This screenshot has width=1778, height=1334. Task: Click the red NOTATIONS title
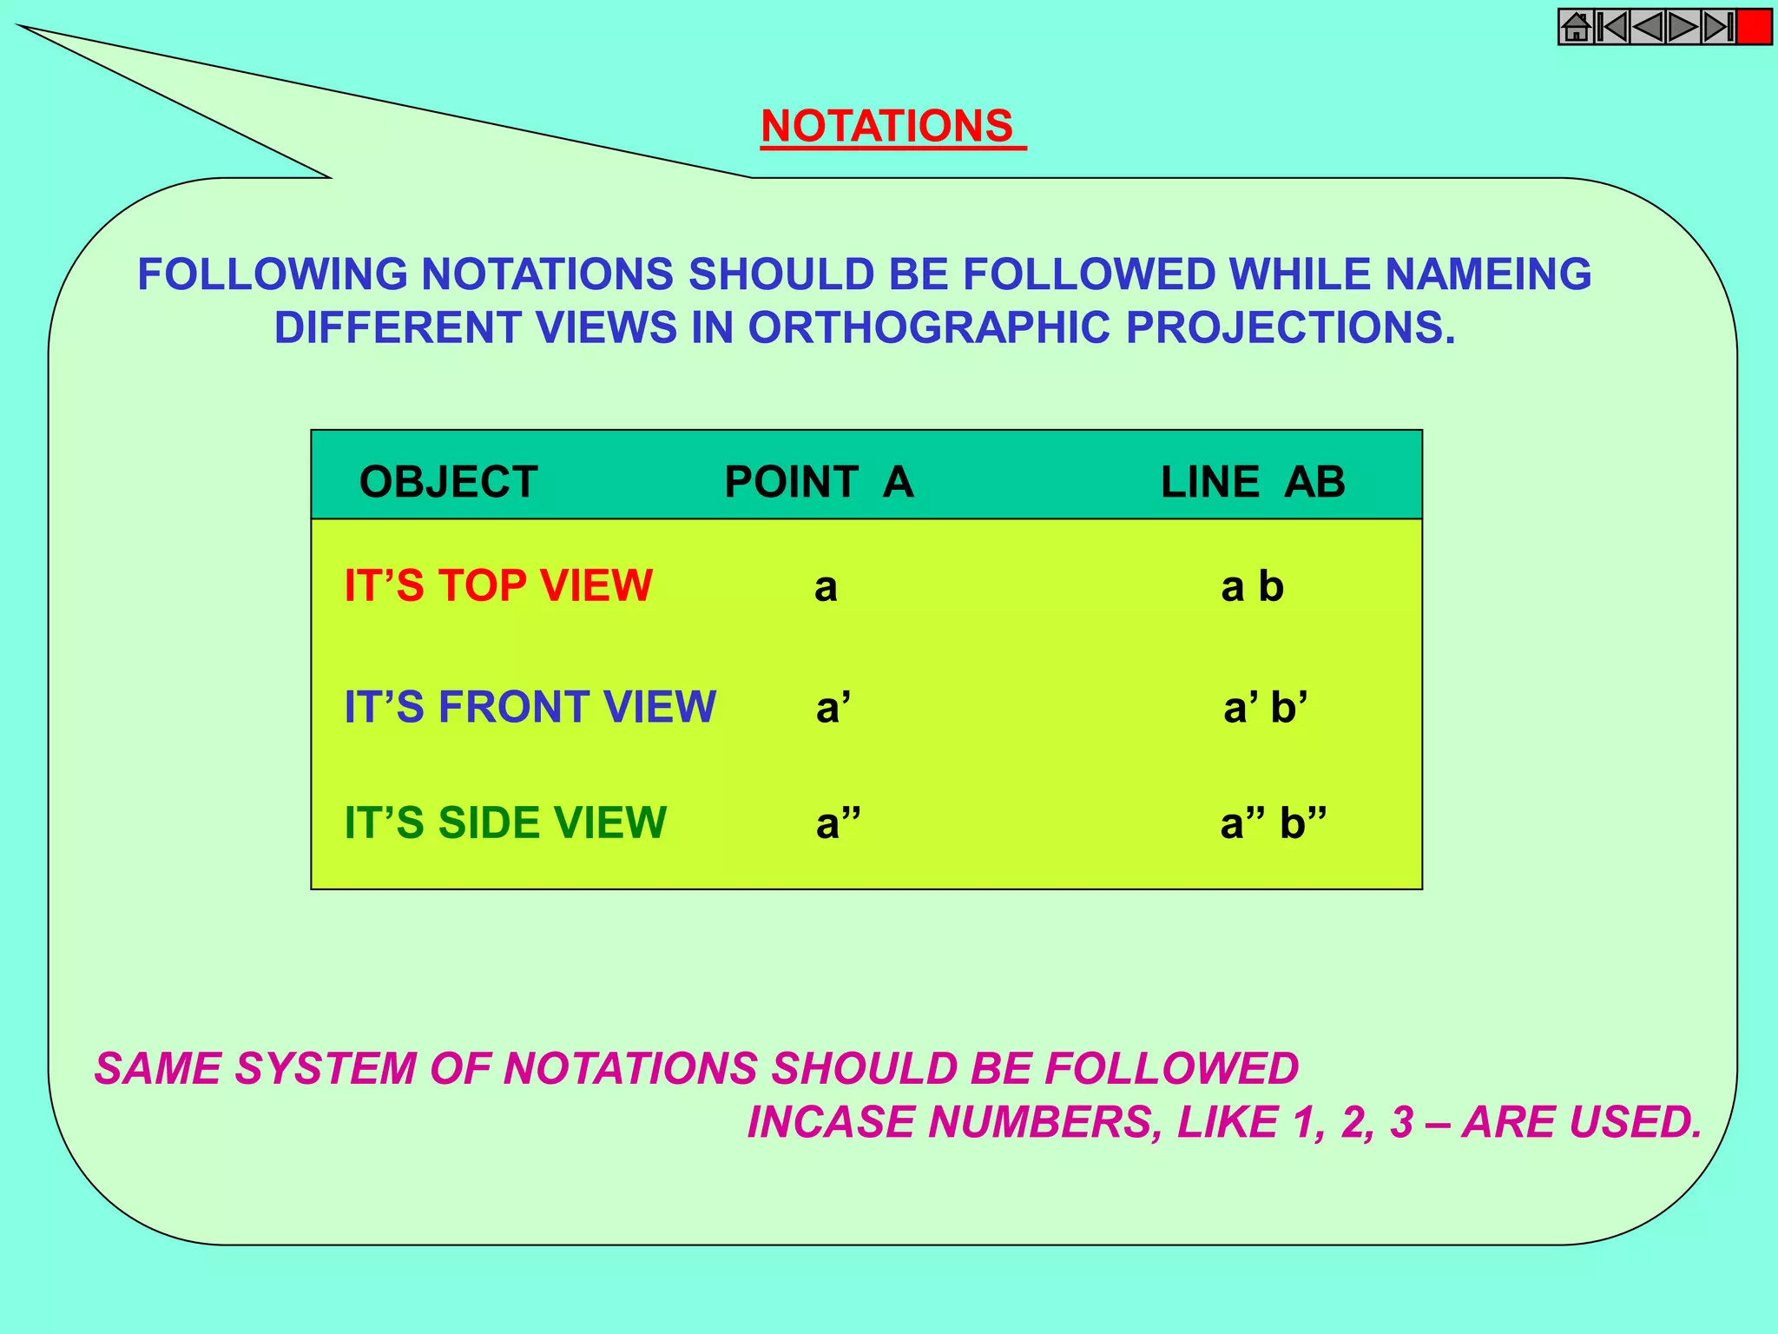[x=887, y=127]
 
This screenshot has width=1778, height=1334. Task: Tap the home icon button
[x=1575, y=27]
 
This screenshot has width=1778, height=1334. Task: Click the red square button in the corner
[x=1754, y=27]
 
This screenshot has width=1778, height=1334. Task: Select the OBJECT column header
[x=448, y=482]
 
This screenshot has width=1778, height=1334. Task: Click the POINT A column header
[x=819, y=482]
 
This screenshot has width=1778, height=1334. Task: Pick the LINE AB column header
[x=1253, y=482]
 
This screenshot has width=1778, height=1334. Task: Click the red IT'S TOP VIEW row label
[x=498, y=586]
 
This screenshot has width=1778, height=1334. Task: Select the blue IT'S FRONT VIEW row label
[x=530, y=707]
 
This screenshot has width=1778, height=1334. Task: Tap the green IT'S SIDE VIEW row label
[x=505, y=822]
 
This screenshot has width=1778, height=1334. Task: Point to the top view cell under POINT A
[x=826, y=588]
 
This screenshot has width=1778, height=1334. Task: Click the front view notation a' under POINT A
[x=833, y=708]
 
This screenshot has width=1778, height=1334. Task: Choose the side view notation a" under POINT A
[x=838, y=823]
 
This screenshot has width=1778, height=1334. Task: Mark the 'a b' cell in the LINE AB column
[x=1252, y=588]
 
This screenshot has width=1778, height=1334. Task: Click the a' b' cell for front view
[x=1265, y=708]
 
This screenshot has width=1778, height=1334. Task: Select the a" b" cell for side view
[x=1273, y=823]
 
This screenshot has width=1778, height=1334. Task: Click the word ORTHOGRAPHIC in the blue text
[x=928, y=328]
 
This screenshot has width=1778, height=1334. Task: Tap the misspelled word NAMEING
[x=1488, y=274]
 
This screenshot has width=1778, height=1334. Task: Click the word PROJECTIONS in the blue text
[x=1290, y=328]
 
